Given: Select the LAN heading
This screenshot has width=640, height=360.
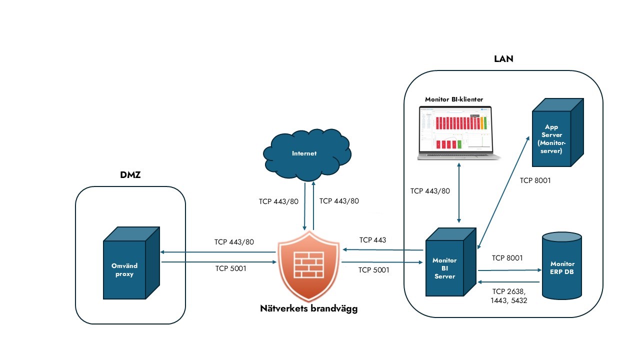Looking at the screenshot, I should pyautogui.click(x=503, y=59).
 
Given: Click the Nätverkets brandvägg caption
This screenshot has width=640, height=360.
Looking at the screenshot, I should pyautogui.click(x=309, y=308).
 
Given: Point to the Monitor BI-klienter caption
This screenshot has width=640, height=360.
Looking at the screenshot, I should pyautogui.click(x=454, y=99).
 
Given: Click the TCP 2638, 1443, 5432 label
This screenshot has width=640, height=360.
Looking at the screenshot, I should pyautogui.click(x=509, y=296).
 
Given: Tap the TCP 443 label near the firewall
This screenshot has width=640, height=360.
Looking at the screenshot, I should pyautogui.click(x=372, y=240).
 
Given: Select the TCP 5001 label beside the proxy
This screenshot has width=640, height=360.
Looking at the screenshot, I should pyautogui.click(x=230, y=268).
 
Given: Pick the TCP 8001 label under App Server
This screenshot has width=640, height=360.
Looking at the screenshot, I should pyautogui.click(x=535, y=180).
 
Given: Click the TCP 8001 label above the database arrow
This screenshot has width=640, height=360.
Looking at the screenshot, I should pyautogui.click(x=507, y=258).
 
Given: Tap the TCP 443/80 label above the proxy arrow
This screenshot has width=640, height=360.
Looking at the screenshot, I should pyautogui.click(x=234, y=242).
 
